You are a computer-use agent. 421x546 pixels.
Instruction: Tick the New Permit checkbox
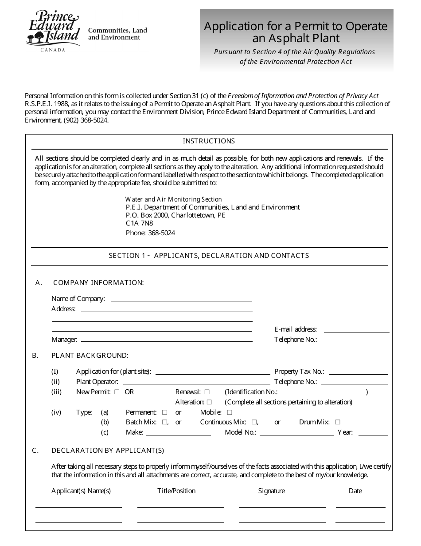(x=117, y=392)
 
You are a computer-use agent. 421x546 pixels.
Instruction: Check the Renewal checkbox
(x=207, y=392)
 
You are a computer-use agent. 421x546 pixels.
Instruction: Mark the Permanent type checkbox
(x=164, y=412)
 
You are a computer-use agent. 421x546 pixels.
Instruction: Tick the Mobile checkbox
(x=230, y=412)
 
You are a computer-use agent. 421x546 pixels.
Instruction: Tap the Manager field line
(x=167, y=340)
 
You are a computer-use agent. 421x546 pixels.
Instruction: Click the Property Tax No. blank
(x=358, y=372)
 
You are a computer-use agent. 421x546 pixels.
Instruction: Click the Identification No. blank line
(x=324, y=393)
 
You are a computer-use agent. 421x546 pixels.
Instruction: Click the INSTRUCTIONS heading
(x=209, y=141)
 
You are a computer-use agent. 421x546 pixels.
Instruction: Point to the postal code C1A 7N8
(x=139, y=223)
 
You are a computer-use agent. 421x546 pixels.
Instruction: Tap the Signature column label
(x=271, y=491)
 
